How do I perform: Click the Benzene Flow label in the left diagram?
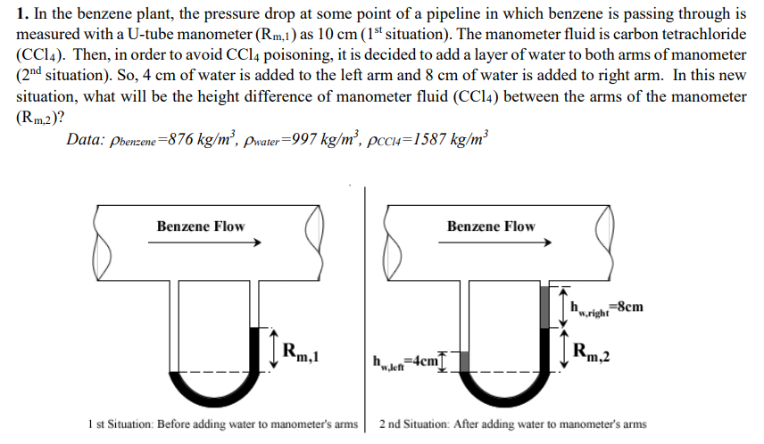pos(200,226)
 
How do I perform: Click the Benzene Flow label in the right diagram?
pos(491,226)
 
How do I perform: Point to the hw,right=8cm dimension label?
pos(605,308)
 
